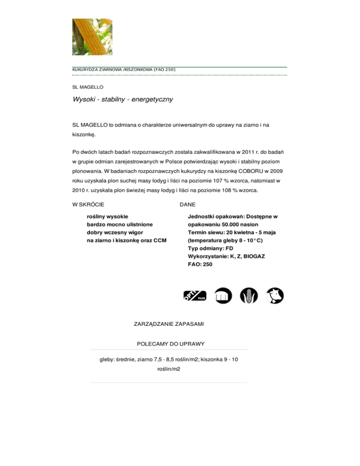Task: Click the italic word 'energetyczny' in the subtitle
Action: click(x=150, y=99)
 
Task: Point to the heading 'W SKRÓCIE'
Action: click(x=88, y=204)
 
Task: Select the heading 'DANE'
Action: click(x=188, y=204)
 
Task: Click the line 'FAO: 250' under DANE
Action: click(x=200, y=264)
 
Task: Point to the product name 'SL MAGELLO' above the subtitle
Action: click(x=88, y=87)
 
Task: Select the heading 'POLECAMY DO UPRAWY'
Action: click(x=170, y=344)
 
